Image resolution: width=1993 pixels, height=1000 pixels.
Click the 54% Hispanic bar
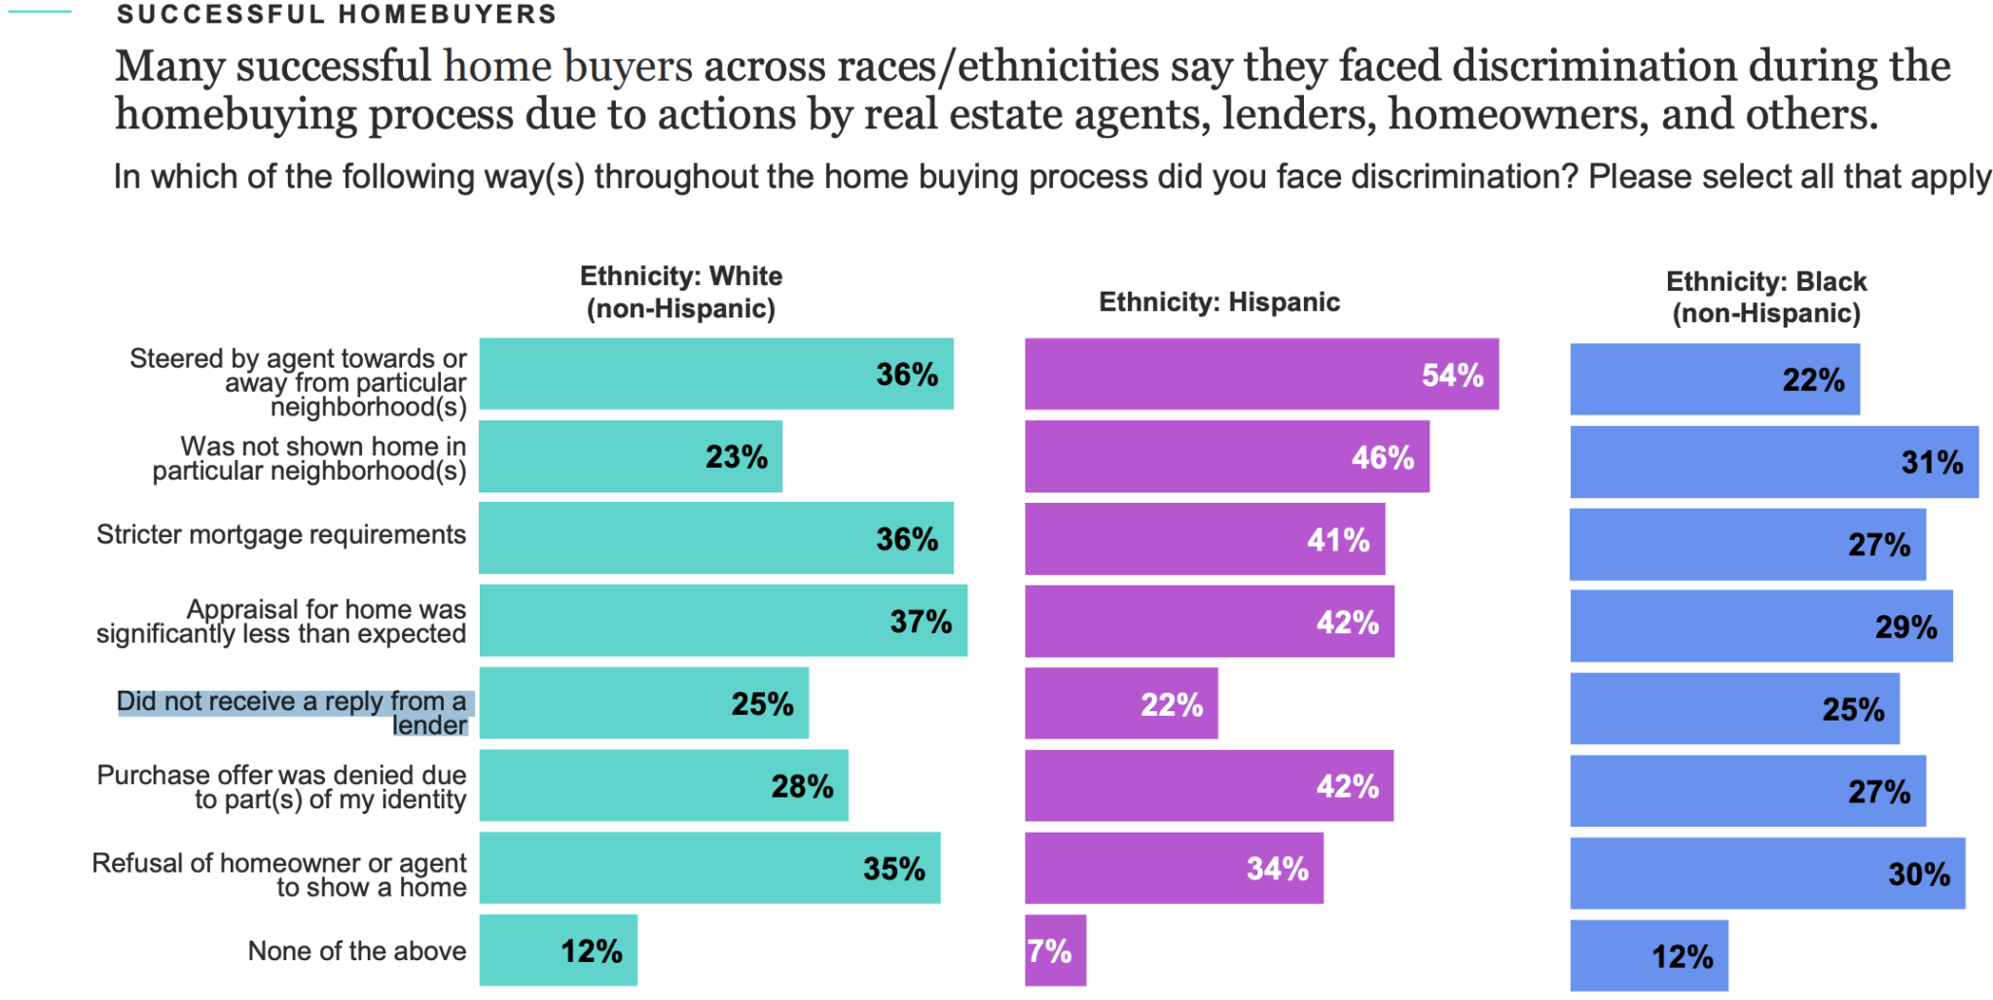(1260, 375)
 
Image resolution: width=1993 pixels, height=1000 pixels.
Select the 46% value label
(1382, 457)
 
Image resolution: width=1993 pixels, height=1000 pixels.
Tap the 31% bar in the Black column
(1773, 462)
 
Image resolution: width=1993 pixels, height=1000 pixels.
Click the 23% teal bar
(630, 456)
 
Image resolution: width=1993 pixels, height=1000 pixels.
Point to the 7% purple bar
(1055, 950)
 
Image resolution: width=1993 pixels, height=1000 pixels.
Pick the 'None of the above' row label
(357, 950)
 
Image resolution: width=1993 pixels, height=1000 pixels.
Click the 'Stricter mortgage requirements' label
(281, 535)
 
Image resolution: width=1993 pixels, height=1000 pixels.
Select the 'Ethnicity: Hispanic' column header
(1218, 303)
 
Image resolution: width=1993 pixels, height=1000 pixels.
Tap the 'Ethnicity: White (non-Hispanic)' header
(681, 292)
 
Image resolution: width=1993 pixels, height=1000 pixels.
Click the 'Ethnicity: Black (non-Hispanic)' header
(1766, 297)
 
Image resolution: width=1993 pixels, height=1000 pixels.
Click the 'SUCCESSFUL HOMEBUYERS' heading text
(337, 15)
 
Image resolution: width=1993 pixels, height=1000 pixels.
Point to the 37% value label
(921, 622)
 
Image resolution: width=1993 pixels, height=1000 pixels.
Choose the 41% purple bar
(1204, 539)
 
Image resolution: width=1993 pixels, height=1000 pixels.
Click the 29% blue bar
(1760, 626)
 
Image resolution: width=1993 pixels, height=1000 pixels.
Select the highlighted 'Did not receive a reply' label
(292, 713)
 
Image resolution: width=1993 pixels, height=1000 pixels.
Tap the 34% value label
(1277, 869)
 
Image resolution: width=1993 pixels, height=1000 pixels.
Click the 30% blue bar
(1766, 874)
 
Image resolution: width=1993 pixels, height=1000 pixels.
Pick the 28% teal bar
(663, 785)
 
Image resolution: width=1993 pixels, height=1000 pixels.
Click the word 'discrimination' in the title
(1594, 66)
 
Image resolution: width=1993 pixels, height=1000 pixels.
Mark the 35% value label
(893, 869)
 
